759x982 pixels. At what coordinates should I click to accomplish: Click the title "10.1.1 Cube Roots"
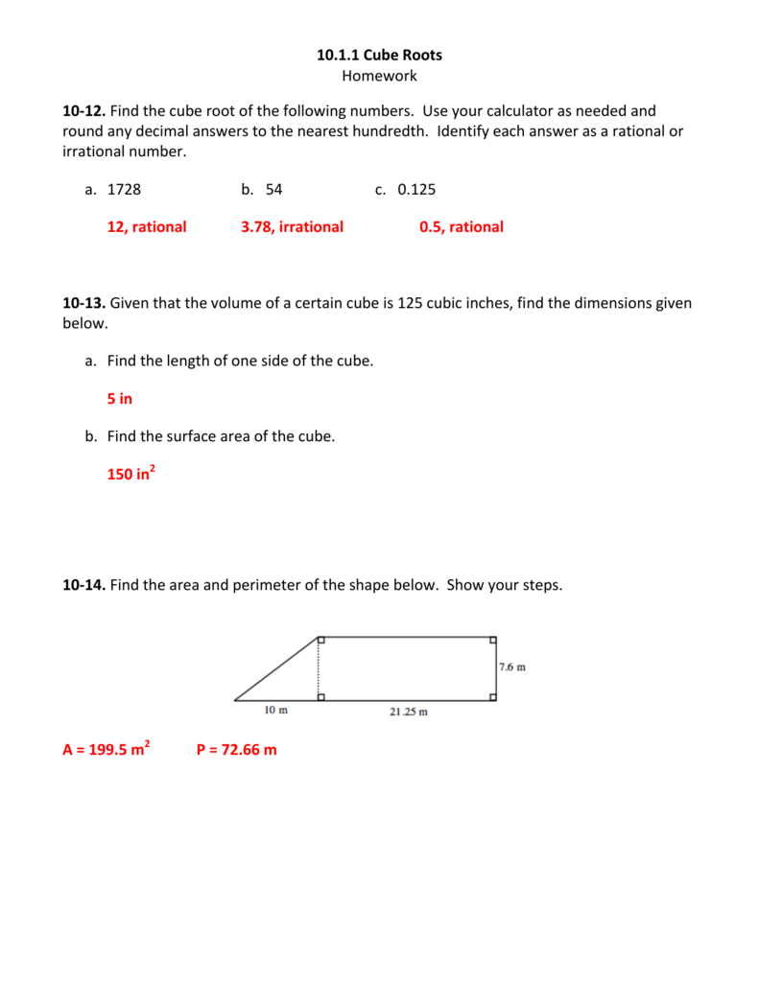click(x=379, y=55)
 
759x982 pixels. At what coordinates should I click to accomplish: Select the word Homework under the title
click(x=379, y=76)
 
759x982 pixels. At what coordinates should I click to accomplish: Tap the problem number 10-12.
click(x=83, y=111)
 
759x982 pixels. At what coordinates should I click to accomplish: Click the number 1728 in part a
click(x=124, y=189)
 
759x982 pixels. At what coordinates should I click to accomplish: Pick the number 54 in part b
click(x=273, y=189)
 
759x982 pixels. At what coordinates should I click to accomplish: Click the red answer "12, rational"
click(x=147, y=227)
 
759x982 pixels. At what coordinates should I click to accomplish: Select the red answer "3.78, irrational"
click(x=292, y=227)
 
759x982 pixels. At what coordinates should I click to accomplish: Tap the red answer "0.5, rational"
click(x=461, y=227)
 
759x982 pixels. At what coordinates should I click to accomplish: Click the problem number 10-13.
click(x=83, y=303)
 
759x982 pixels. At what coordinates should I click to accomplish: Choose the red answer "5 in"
click(x=120, y=398)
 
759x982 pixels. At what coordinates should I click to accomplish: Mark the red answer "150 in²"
click(x=131, y=473)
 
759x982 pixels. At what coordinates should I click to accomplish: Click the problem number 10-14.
click(x=83, y=584)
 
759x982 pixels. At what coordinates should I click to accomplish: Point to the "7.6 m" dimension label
click(x=512, y=667)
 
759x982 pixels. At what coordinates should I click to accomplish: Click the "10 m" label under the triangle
click(x=275, y=711)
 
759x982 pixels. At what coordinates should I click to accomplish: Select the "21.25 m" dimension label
click(x=408, y=712)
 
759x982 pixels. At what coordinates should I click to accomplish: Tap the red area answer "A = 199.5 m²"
click(x=106, y=749)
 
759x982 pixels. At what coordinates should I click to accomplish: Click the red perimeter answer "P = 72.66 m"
click(x=236, y=750)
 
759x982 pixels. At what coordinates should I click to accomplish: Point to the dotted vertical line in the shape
click(x=319, y=668)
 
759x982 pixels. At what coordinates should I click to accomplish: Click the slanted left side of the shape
click(x=275, y=668)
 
